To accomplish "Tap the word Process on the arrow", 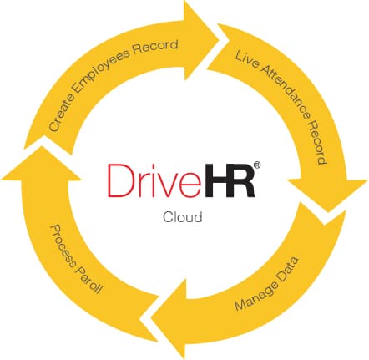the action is (63, 249).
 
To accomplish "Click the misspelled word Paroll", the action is (89, 281).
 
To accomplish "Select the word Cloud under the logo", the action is (183, 217).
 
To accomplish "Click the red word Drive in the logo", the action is (154, 180).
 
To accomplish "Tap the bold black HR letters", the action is (227, 180).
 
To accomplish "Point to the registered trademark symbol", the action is (257, 165).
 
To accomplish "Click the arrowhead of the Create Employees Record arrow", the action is (201, 41).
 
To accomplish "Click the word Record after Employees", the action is (155, 47).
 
